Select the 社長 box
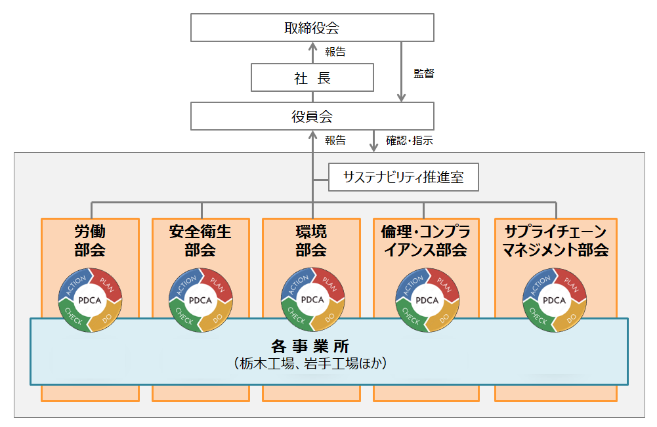pos(312,78)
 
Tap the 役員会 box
pos(312,117)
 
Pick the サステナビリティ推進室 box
pos(403,178)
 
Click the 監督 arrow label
pos(424,74)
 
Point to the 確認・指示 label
pos(409,140)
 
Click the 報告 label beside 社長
pos(335,51)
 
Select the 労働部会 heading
pos(90,241)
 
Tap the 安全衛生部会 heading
pos(200,241)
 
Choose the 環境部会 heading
pos(311,241)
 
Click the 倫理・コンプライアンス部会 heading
pos(423,241)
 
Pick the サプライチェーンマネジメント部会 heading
pos(555,241)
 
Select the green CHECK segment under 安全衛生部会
pos(185,316)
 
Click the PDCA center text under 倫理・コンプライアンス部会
pos(427,300)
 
